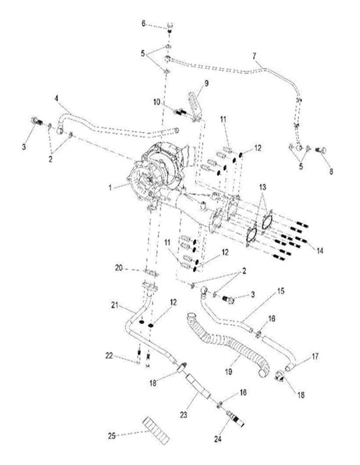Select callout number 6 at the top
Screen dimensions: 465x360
[144, 24]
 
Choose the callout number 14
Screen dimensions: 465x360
[318, 250]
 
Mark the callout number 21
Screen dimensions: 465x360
[114, 305]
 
